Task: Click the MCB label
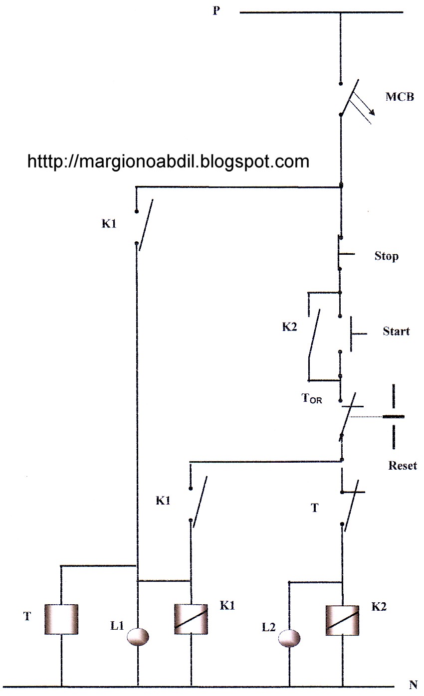tap(400, 97)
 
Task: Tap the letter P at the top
tap(216, 10)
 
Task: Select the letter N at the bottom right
tap(413, 685)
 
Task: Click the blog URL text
tap(168, 162)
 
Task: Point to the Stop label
tap(387, 256)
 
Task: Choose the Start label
tap(396, 331)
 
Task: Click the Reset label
tap(403, 466)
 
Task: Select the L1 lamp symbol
tap(138, 636)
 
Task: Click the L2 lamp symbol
tap(289, 638)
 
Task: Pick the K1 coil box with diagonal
tap(191, 619)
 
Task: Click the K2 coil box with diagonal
tap(342, 620)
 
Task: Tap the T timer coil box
tap(61, 619)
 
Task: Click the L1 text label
tap(117, 626)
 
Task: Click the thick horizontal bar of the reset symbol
tap(394, 416)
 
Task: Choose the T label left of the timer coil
tap(27, 616)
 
